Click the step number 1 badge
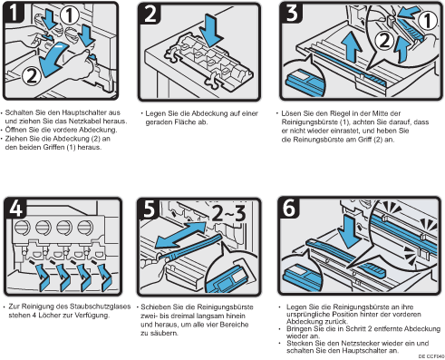(13, 12)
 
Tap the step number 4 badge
(15, 208)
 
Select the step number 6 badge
(289, 208)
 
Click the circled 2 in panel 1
(31, 75)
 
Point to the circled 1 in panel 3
(428, 21)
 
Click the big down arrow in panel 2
(213, 30)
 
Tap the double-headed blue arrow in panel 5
(180, 235)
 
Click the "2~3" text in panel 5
(228, 213)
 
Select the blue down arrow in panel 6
(350, 231)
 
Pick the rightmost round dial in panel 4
(85, 227)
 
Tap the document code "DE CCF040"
(431, 356)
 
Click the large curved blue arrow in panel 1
(52, 59)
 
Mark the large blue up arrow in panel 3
(353, 46)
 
